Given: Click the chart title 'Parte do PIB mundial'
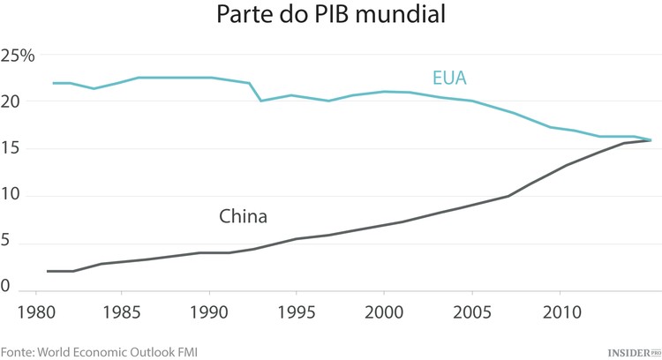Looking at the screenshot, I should [x=330, y=16].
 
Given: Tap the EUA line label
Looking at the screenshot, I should [x=448, y=79].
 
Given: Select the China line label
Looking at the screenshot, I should [x=243, y=215].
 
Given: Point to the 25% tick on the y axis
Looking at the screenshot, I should [x=18, y=56].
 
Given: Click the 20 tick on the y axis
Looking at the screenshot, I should [x=11, y=101].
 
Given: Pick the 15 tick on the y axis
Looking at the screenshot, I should [x=11, y=149].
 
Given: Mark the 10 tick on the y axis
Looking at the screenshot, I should [x=11, y=196].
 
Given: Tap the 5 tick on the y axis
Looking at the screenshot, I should [x=5, y=244].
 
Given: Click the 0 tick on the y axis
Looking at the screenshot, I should [x=5, y=286].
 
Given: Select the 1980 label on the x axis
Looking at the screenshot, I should [x=35, y=311].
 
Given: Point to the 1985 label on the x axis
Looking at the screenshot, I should [x=123, y=311].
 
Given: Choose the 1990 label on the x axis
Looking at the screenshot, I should [x=210, y=311].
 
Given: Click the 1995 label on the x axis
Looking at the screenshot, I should [x=297, y=311].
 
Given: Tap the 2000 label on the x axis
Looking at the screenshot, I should [x=384, y=311].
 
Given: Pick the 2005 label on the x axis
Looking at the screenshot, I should [x=471, y=311].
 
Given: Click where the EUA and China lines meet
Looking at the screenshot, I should [x=651, y=139].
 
